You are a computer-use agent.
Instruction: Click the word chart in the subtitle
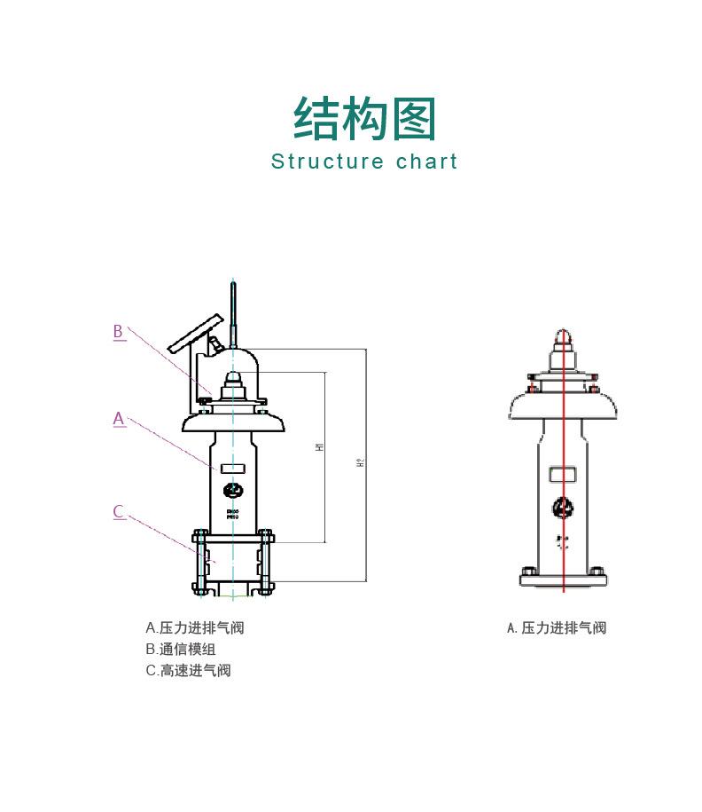pyautogui.click(x=427, y=162)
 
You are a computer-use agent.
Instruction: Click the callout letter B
pyautogui.click(x=119, y=332)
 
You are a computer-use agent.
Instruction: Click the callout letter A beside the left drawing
pyautogui.click(x=119, y=419)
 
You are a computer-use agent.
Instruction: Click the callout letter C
pyautogui.click(x=119, y=512)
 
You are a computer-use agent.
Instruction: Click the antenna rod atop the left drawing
pyautogui.click(x=233, y=311)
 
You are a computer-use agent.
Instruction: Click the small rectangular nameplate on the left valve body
pyautogui.click(x=233, y=468)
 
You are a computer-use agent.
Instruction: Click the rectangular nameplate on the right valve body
pyautogui.click(x=562, y=475)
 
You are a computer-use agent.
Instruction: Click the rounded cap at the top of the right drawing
pyautogui.click(x=562, y=339)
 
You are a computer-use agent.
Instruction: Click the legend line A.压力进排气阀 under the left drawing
pyautogui.click(x=195, y=628)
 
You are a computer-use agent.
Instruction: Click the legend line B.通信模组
pyautogui.click(x=181, y=650)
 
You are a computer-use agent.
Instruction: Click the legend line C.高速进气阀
pyautogui.click(x=188, y=671)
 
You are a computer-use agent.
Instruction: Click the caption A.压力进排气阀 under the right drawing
pyautogui.click(x=557, y=628)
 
